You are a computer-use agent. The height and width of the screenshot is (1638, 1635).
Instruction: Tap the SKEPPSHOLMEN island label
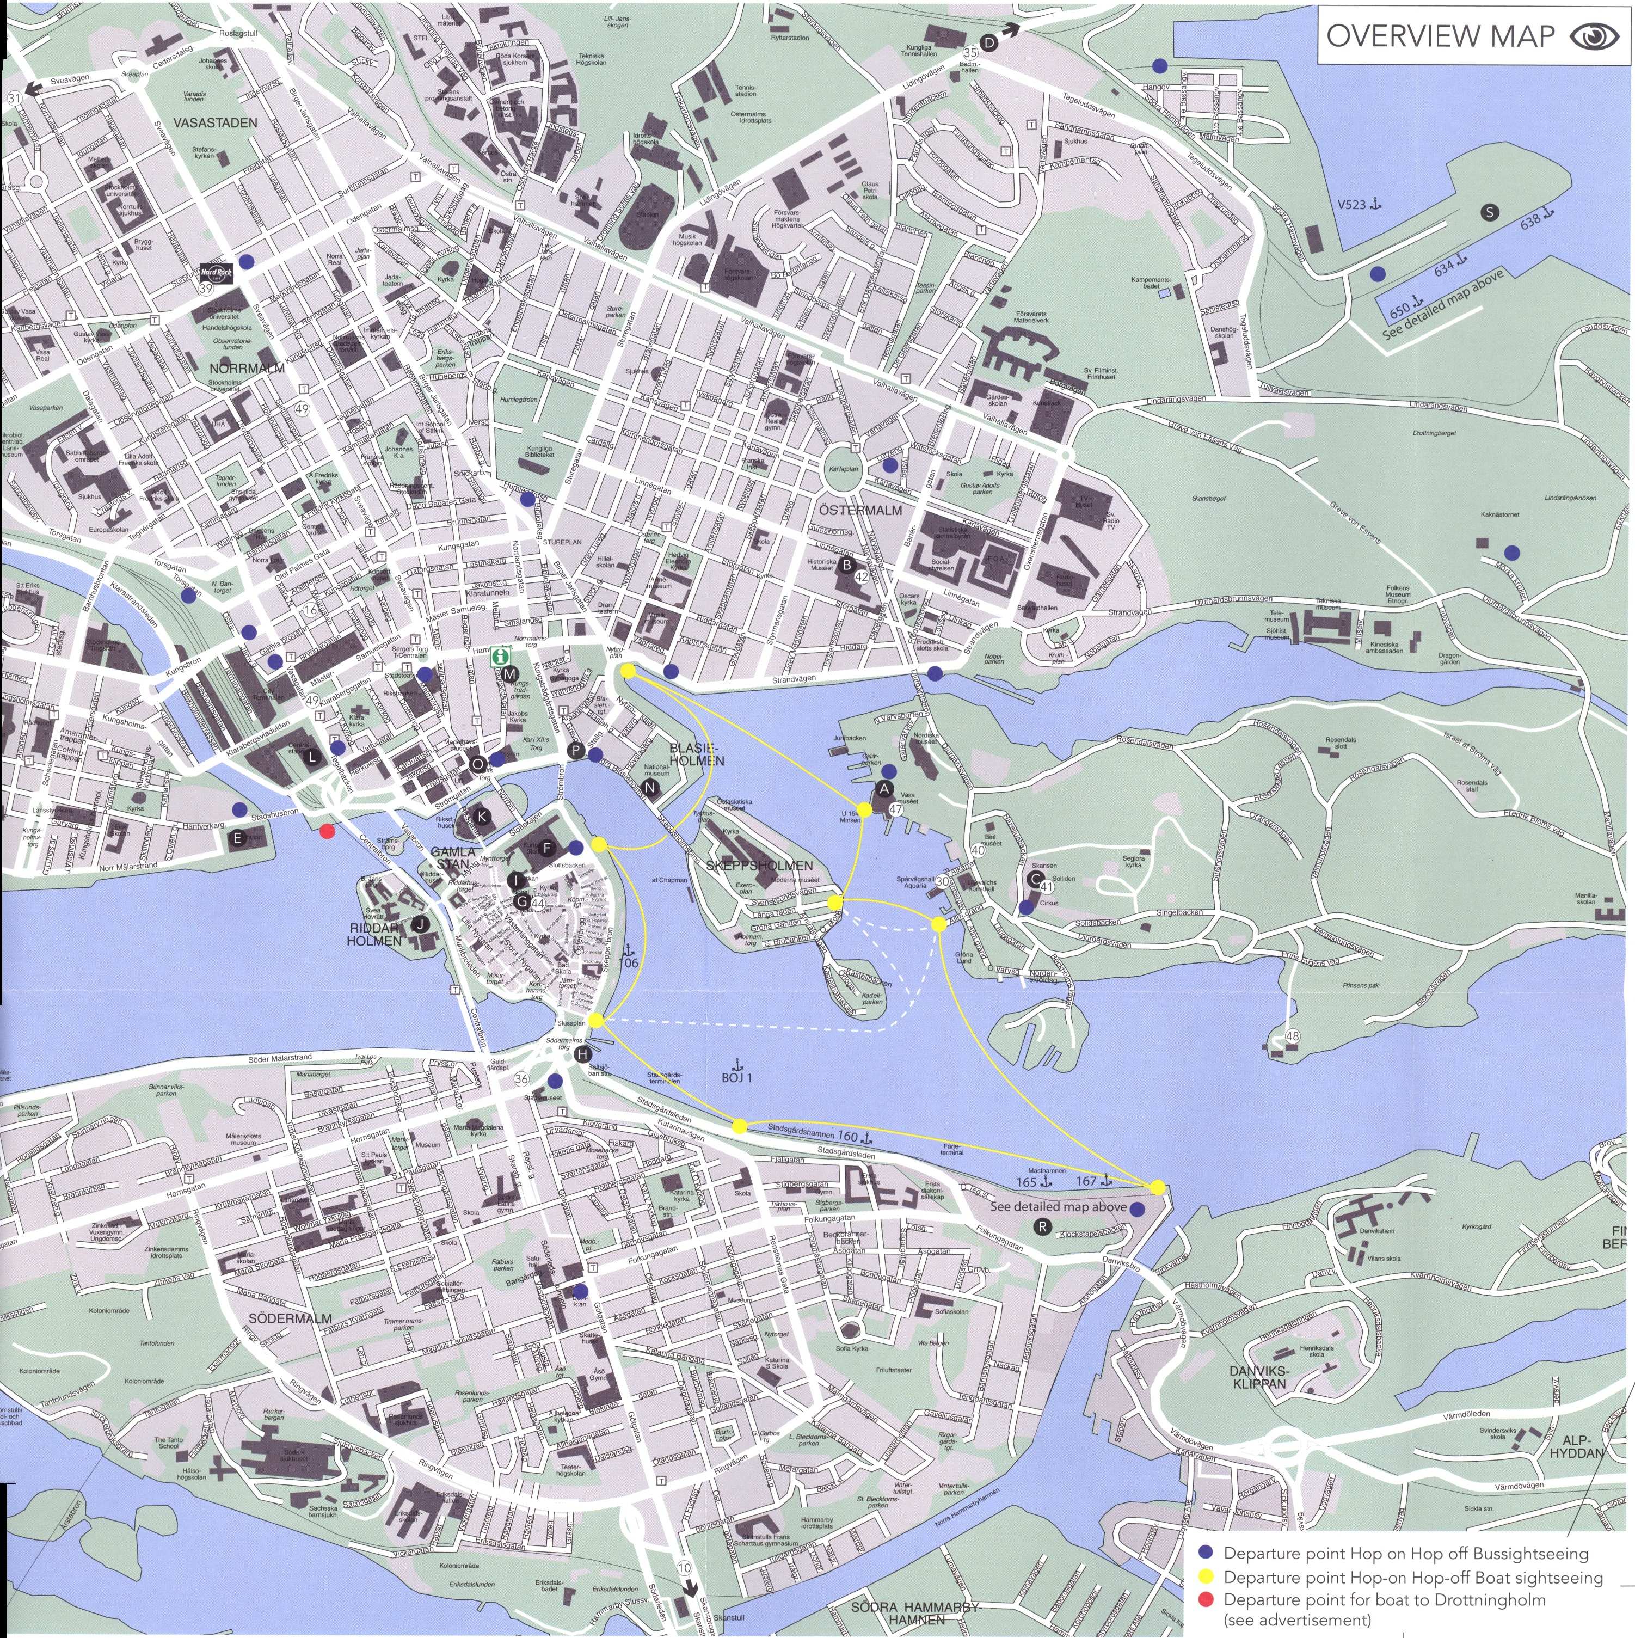[759, 866]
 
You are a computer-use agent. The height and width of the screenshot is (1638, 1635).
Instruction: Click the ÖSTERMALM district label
[861, 511]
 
